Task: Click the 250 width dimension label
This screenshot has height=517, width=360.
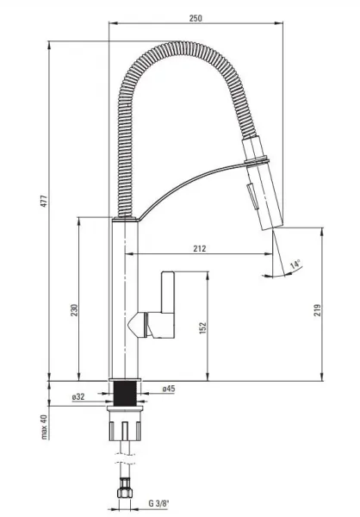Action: coord(196,17)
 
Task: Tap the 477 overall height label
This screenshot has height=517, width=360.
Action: coord(44,201)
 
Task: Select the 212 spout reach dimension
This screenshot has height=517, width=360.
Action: coord(200,248)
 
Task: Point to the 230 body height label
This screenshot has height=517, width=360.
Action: coord(75,310)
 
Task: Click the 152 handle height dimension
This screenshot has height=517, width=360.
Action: coord(203,328)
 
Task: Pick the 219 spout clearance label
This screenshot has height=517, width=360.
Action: coord(317,310)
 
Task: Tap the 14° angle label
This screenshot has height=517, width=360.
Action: coord(295,265)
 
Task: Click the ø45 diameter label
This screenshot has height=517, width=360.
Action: coord(168,389)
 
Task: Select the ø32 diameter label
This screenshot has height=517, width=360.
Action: coord(78,396)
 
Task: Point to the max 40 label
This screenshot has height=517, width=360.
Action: coord(44,427)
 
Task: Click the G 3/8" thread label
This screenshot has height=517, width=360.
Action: coord(158,503)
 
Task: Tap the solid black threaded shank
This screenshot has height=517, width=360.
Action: coord(125,394)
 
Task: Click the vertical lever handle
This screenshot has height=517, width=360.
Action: coord(168,292)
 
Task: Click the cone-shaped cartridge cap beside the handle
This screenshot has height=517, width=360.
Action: coord(136,325)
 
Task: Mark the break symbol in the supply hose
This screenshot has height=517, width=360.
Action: coord(125,458)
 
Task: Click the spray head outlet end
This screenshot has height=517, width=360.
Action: coord(272,226)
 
